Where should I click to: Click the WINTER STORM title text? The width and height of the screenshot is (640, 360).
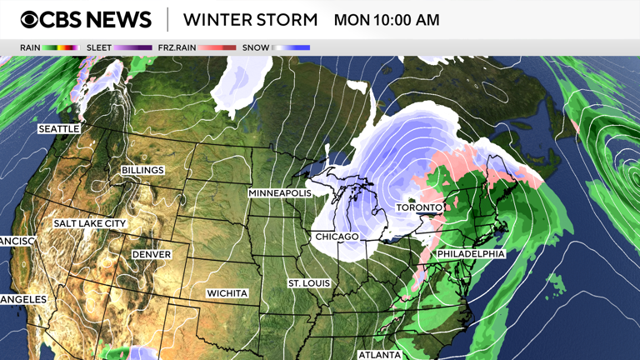pyautogui.click(x=250, y=19)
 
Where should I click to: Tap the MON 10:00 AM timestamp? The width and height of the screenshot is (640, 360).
pyautogui.click(x=386, y=19)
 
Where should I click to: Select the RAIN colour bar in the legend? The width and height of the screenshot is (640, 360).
pyautogui.click(x=60, y=47)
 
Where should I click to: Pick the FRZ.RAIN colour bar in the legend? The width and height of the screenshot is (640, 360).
pyautogui.click(x=217, y=47)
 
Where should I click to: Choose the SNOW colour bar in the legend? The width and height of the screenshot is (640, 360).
pyautogui.click(x=292, y=47)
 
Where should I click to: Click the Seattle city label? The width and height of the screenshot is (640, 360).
pyautogui.click(x=59, y=129)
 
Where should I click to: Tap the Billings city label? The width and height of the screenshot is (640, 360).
pyautogui.click(x=142, y=170)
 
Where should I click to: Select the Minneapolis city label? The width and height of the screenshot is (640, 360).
pyautogui.click(x=279, y=192)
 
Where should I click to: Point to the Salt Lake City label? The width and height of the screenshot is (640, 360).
pyautogui.click(x=90, y=223)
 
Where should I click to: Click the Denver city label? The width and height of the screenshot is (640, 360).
pyautogui.click(x=151, y=254)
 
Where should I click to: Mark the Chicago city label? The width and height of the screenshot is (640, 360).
pyautogui.click(x=337, y=237)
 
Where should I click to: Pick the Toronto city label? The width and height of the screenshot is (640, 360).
pyautogui.click(x=418, y=207)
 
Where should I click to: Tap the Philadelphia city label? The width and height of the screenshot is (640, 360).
pyautogui.click(x=471, y=253)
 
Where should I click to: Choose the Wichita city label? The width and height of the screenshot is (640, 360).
pyautogui.click(x=227, y=293)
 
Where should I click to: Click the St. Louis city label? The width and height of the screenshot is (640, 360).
pyautogui.click(x=309, y=283)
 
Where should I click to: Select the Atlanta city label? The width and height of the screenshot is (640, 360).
pyautogui.click(x=379, y=354)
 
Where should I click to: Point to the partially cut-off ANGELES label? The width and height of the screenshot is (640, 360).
pyautogui.click(x=23, y=299)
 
